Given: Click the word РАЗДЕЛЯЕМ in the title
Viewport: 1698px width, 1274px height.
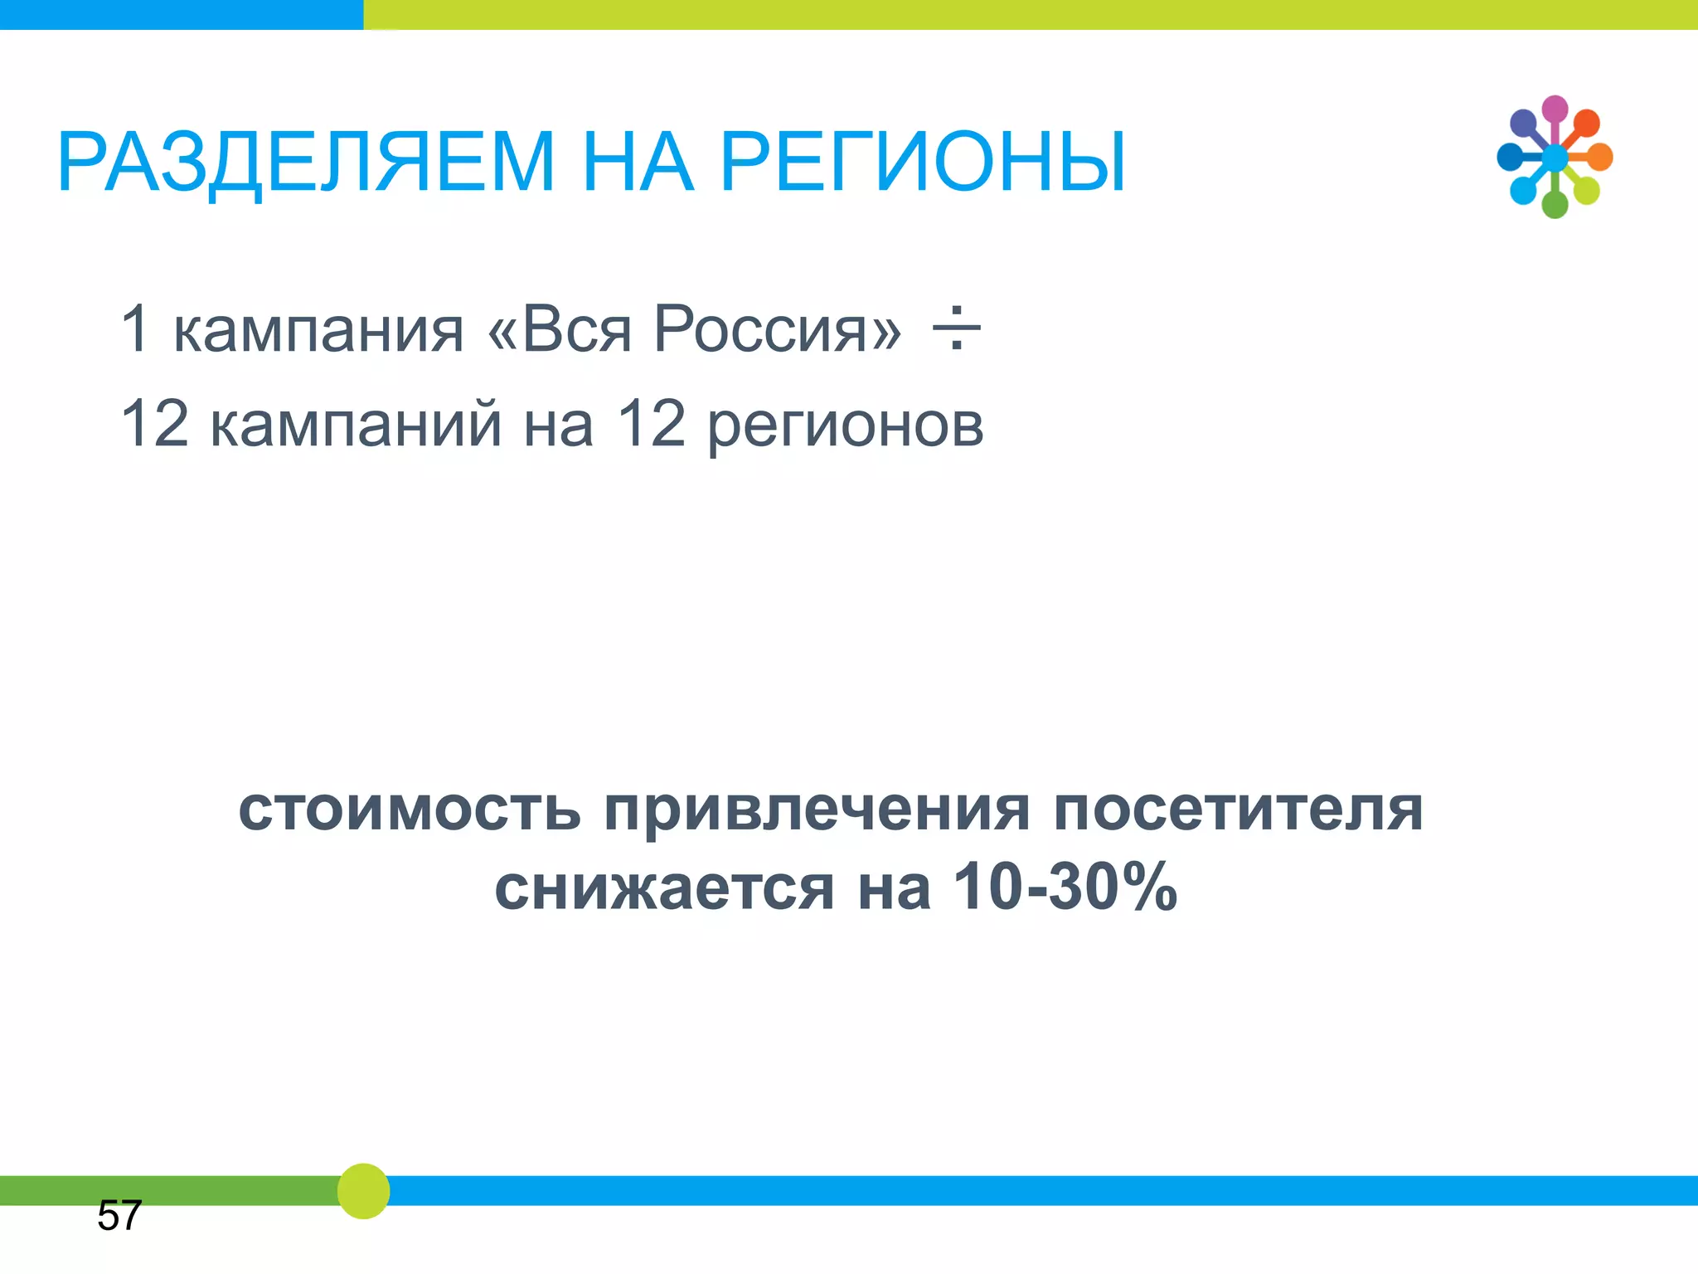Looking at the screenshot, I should tap(305, 162).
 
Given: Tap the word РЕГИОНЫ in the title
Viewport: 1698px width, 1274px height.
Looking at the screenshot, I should tap(924, 162).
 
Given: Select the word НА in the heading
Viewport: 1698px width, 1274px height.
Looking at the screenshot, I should tap(637, 162).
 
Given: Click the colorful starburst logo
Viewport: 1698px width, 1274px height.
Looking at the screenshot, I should tap(1555, 157).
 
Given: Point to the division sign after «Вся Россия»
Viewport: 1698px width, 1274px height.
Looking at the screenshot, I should tap(956, 328).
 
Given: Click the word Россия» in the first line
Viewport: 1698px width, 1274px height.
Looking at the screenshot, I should tap(777, 329).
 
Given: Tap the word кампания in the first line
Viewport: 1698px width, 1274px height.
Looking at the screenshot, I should tap(318, 331).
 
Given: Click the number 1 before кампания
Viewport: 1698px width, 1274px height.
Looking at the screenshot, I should tap(135, 328).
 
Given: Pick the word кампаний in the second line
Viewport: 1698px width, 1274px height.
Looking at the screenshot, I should tap(356, 424).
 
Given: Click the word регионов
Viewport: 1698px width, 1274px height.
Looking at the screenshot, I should tap(846, 427).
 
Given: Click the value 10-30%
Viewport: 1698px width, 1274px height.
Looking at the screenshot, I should tap(1065, 886).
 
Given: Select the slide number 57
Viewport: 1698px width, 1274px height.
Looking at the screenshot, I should tap(119, 1215).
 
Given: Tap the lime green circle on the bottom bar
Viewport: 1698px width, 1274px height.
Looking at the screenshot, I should tap(363, 1191).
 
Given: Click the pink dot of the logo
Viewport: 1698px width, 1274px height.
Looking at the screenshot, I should tap(1555, 109).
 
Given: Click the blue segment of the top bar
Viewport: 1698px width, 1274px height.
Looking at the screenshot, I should tap(181, 14).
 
